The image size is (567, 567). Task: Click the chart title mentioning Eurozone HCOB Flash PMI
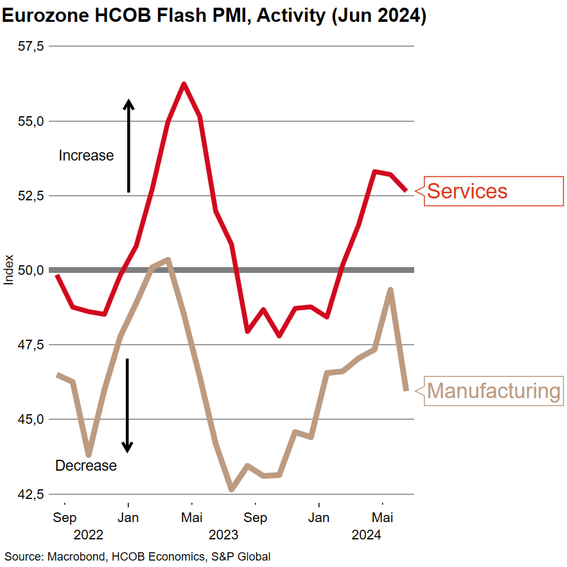(x=214, y=15)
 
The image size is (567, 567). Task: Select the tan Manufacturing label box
(x=493, y=390)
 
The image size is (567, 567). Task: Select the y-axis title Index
(x=8, y=270)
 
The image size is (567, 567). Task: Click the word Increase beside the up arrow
(x=86, y=155)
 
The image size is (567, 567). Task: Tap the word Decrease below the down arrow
(x=86, y=466)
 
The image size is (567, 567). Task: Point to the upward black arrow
(x=128, y=146)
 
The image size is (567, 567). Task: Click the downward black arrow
(x=128, y=405)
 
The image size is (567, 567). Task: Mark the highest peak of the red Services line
(x=184, y=84)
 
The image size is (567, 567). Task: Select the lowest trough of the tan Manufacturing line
(x=232, y=490)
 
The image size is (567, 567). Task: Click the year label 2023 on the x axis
(x=223, y=534)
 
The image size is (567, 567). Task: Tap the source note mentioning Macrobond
(x=137, y=557)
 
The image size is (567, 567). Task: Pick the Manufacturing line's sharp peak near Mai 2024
(x=390, y=290)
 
